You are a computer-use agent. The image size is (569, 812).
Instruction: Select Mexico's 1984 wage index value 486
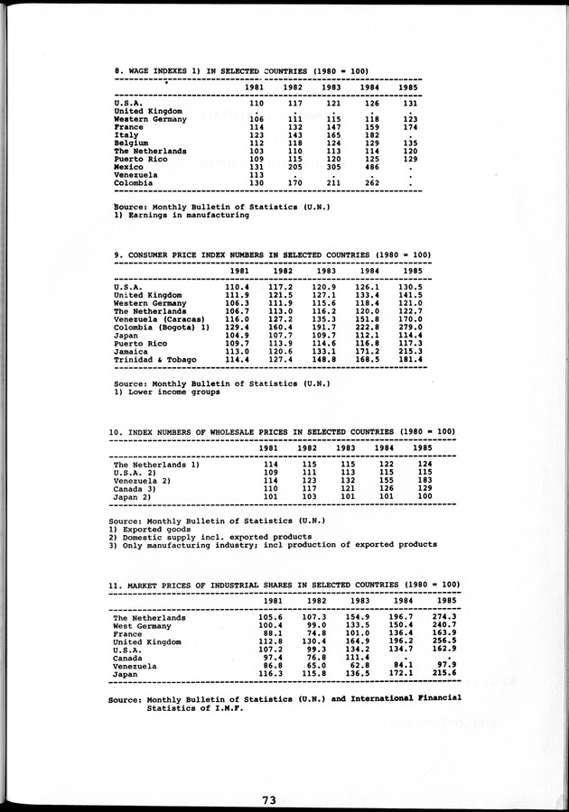pos(370,167)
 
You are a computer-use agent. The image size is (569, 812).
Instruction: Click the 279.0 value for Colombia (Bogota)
pos(411,328)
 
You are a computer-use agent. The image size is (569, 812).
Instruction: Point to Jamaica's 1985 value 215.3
pos(411,352)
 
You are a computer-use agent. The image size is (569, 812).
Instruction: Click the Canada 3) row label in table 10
pos(135,487)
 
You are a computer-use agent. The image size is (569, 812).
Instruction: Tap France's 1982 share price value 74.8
pos(314,633)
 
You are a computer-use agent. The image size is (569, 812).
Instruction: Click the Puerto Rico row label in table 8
pos(140,159)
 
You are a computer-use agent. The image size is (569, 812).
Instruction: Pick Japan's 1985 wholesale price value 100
pos(423,495)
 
